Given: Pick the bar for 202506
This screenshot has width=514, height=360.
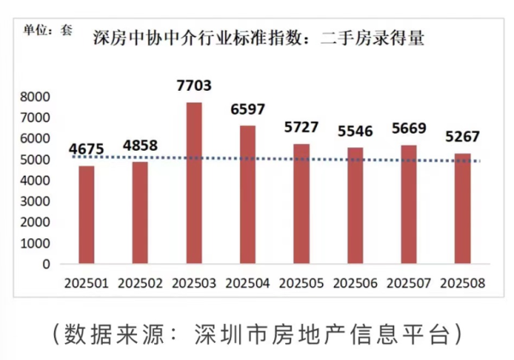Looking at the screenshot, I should pyautogui.click(x=356, y=206).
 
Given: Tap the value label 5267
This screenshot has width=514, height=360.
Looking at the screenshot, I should pyautogui.click(x=463, y=136).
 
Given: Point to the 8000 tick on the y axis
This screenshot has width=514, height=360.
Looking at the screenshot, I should pyautogui.click(x=34, y=97).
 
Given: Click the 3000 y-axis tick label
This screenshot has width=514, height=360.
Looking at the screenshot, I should pyautogui.click(x=34, y=201).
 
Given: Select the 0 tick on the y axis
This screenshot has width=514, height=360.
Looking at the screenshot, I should pyautogui.click(x=46, y=264).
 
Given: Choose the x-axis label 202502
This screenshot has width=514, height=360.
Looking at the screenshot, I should pyautogui.click(x=140, y=282).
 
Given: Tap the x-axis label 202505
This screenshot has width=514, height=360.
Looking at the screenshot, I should pyautogui.click(x=302, y=282).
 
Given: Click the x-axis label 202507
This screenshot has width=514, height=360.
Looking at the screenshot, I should pyautogui.click(x=409, y=282).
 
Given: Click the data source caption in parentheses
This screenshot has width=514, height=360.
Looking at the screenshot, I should pyautogui.click(x=257, y=333).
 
